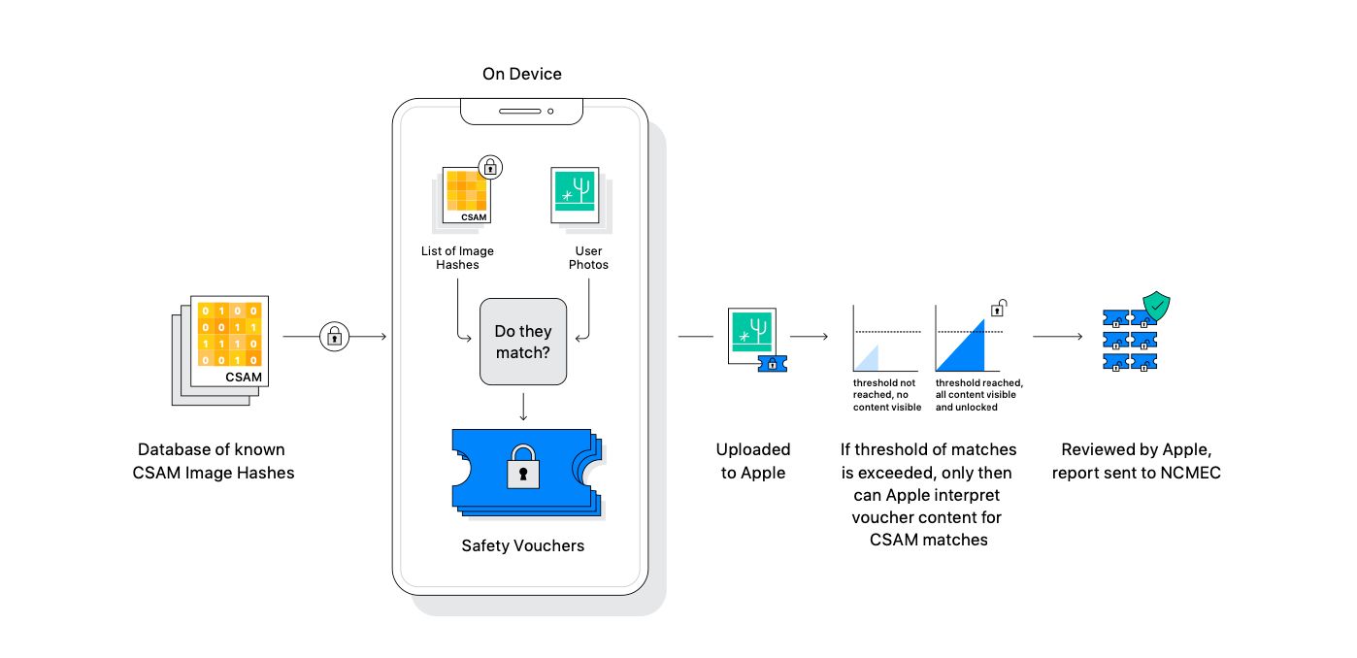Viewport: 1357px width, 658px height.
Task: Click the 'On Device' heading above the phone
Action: (521, 74)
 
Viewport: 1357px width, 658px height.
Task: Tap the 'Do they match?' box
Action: (522, 342)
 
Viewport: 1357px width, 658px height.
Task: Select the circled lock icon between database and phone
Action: (334, 337)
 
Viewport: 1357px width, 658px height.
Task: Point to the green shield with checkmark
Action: (1156, 309)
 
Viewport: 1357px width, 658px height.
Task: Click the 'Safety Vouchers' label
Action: (522, 545)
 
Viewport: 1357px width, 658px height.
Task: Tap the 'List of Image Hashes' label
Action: (456, 257)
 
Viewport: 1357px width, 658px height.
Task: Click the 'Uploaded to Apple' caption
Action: (753, 461)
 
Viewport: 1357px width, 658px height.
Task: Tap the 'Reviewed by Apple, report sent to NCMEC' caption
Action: (1136, 461)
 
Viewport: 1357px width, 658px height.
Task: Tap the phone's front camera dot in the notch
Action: (550, 112)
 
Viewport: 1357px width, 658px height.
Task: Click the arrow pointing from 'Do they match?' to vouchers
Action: (523, 406)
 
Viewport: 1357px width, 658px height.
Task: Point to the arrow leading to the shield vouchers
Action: (1058, 337)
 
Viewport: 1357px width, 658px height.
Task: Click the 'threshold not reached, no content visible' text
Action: (885, 395)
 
